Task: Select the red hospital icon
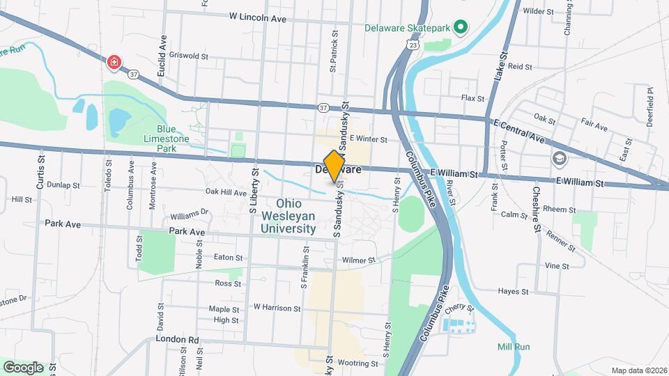(114, 63)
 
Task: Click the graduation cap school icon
(559, 159)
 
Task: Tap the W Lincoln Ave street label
(258, 17)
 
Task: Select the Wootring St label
(359, 363)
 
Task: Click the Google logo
(23, 367)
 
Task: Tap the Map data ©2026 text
(638, 370)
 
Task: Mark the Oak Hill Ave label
(226, 193)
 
